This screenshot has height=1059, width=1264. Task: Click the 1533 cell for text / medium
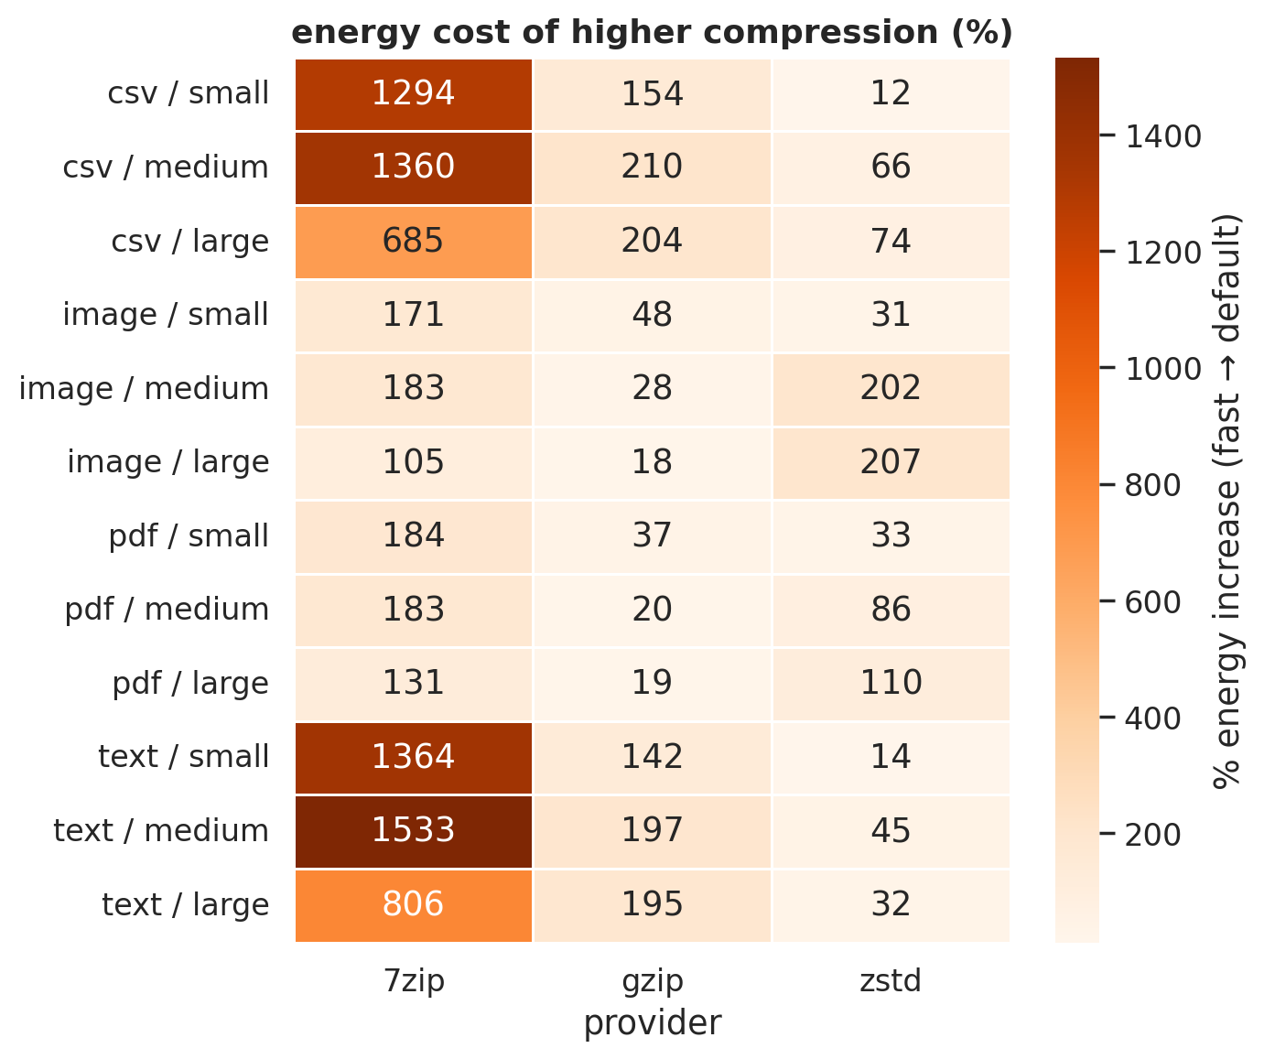click(x=414, y=831)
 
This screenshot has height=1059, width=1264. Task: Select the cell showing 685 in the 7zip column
click(x=414, y=242)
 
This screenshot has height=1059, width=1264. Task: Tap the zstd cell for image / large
click(x=891, y=462)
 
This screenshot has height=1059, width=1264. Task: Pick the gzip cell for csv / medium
click(x=652, y=167)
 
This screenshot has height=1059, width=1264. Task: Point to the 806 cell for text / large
click(x=414, y=905)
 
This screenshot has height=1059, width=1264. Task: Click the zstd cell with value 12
click(x=891, y=93)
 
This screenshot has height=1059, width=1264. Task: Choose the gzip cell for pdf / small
click(x=652, y=536)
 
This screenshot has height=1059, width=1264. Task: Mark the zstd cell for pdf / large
click(x=891, y=684)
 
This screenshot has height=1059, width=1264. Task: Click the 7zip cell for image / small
click(x=414, y=315)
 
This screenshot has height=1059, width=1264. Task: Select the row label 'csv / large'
click(x=190, y=242)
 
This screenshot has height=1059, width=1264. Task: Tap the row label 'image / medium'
click(x=144, y=389)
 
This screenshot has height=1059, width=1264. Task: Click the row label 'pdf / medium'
click(x=167, y=610)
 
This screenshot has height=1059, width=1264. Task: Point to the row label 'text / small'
click(x=183, y=757)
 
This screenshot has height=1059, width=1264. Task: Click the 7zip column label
click(x=414, y=981)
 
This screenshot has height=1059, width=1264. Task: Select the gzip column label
click(x=652, y=981)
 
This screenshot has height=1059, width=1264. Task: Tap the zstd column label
click(x=891, y=981)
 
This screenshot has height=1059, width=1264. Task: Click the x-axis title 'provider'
click(x=652, y=1023)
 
